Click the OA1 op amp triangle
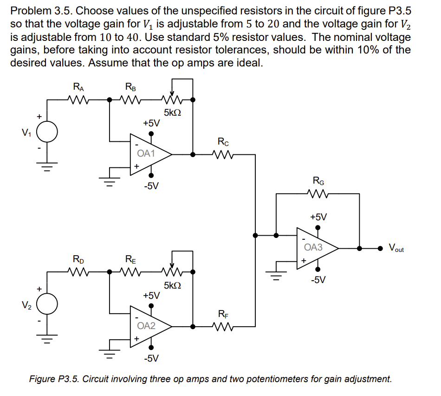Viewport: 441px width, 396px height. [148, 154]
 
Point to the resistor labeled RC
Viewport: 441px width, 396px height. [223, 154]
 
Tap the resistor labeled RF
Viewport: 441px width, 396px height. [223, 326]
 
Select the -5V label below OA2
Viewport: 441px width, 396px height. [151, 358]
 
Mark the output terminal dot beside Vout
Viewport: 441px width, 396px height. [381, 248]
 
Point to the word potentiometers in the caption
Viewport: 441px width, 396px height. [300, 379]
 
